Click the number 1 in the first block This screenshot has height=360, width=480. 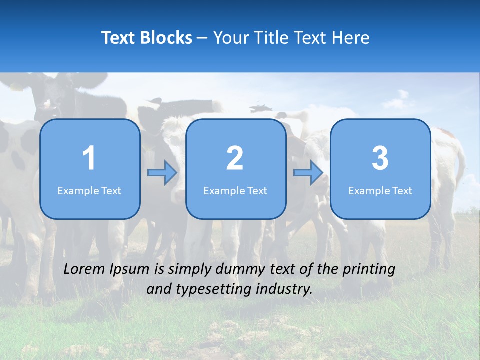tap(89, 158)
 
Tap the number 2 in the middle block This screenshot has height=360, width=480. tap(235, 158)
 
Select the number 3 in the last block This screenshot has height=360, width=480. tap(380, 158)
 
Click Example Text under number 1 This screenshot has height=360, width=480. tap(89, 191)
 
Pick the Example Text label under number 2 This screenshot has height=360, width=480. tap(235, 191)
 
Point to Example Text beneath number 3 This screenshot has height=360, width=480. tap(380, 191)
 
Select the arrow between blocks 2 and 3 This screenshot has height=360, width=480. tap(308, 173)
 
